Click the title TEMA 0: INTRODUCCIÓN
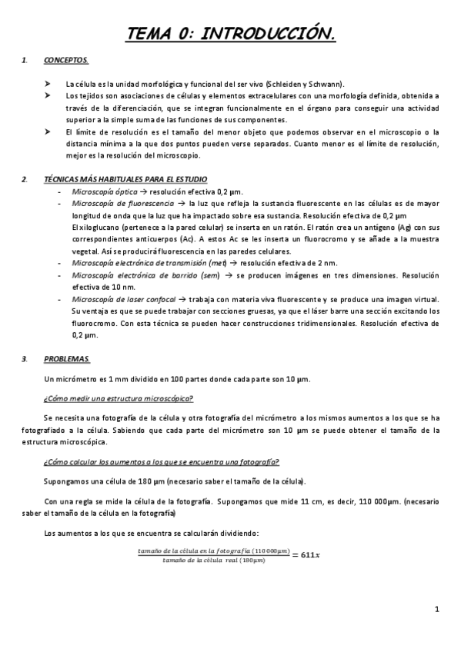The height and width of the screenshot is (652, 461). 230,33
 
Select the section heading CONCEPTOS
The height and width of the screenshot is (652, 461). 66,59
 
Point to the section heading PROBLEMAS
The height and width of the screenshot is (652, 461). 67,358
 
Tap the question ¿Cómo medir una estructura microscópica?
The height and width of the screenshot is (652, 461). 119,398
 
